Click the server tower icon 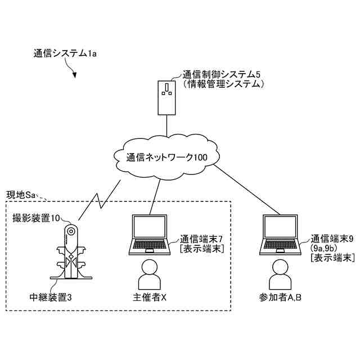click(167, 97)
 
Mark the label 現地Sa click(21, 195)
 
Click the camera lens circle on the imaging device click(71, 231)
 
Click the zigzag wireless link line click(100, 199)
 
